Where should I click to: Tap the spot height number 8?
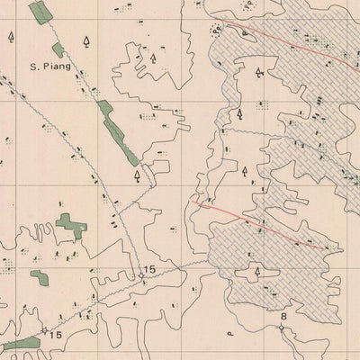(283, 317)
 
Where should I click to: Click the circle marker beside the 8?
(282, 328)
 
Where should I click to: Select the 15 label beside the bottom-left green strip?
(56, 336)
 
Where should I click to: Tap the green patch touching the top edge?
(40, 13)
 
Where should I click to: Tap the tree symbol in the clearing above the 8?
(257, 269)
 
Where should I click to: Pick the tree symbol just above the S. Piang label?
(86, 41)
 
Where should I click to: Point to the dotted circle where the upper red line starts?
(216, 28)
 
